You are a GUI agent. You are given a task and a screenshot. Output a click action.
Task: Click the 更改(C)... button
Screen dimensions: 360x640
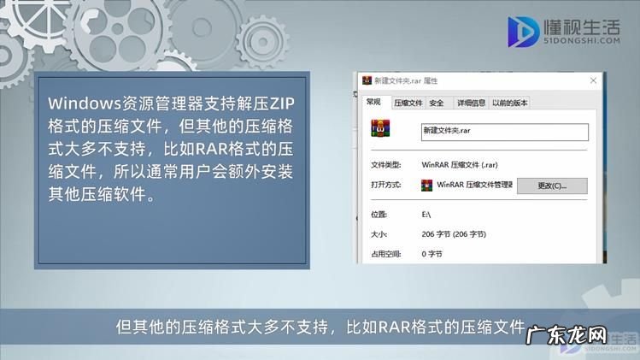552,186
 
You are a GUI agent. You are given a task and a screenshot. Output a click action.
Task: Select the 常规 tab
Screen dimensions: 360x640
374,103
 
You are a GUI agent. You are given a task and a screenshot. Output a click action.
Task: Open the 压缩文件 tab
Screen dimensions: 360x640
408,103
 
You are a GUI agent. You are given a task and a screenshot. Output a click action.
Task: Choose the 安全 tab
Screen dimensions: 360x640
437,103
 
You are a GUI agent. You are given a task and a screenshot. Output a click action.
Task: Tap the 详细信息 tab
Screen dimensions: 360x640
470,103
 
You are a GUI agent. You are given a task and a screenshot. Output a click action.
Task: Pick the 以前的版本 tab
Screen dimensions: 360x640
509,103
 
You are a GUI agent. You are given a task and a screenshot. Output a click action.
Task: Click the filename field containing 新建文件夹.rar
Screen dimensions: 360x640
504,132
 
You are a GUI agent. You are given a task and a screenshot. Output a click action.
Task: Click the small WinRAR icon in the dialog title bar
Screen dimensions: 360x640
367,81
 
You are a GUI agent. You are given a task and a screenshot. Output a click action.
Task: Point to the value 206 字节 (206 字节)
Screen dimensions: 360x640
454,233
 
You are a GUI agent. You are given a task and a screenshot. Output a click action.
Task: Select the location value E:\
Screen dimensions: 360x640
427,212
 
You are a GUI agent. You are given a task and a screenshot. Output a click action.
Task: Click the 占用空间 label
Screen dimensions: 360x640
385,253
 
